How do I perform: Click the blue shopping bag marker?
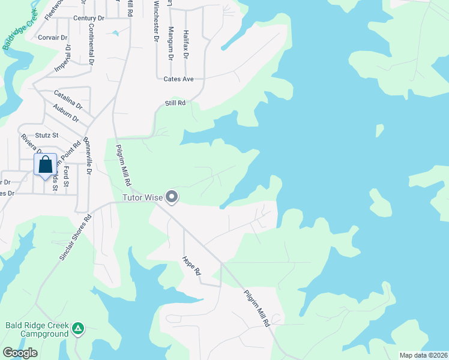(46, 165)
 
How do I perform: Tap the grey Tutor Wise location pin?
(172, 196)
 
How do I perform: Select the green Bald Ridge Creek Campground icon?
(78, 328)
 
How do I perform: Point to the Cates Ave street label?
(178, 79)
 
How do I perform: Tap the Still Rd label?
(175, 103)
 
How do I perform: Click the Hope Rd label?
(191, 266)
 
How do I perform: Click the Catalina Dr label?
(67, 96)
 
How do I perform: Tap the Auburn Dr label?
(65, 112)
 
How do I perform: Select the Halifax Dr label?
(186, 44)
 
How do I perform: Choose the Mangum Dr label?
(170, 43)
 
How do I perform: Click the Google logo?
(20, 353)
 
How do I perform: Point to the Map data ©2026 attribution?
(423, 355)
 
